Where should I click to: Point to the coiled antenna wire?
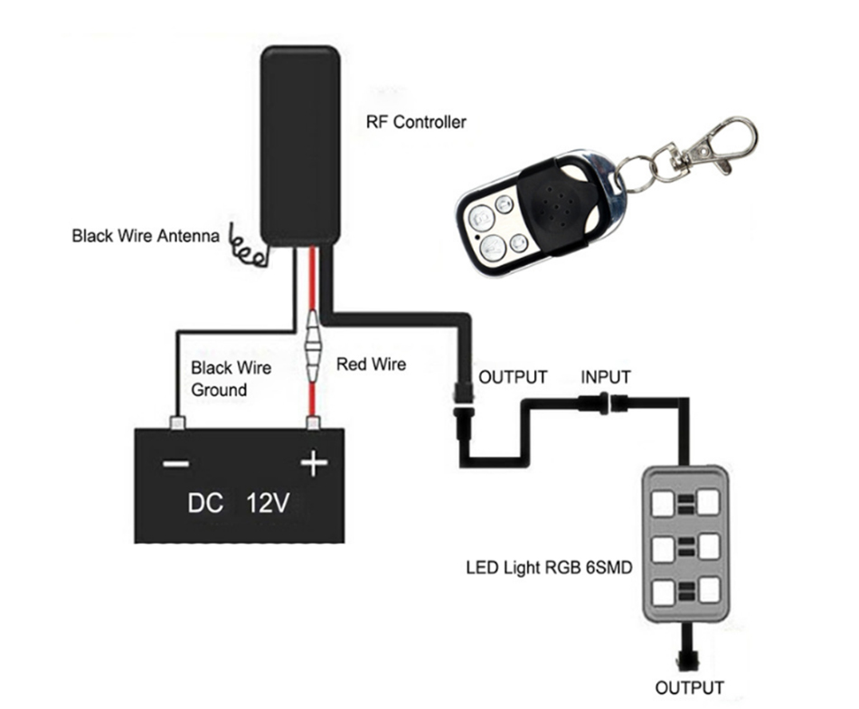pos(250,249)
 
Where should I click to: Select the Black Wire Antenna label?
pos(146,237)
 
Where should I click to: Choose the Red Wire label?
pos(371,364)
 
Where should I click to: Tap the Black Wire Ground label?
pos(231,379)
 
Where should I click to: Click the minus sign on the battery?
pos(175,464)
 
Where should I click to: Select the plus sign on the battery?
pos(313,464)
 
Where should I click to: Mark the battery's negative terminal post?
pos(176,421)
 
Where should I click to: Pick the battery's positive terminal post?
pos(314,422)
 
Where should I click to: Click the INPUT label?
pos(605,376)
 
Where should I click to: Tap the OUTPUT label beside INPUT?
pos(513,376)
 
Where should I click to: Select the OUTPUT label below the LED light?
pos(690,686)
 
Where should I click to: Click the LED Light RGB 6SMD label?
pos(549,569)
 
